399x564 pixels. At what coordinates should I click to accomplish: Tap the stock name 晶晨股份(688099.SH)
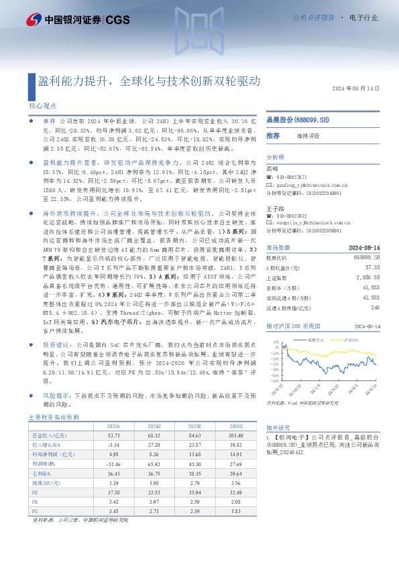(298, 119)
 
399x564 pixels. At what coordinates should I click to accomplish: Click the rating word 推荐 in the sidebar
(273, 135)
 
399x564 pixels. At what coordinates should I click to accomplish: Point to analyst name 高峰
(272, 168)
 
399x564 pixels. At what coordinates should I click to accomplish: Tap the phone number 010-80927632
(290, 216)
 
